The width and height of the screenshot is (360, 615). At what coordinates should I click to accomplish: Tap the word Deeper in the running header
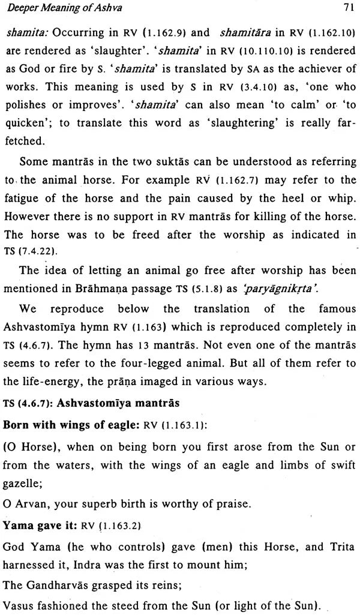tap(22, 8)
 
